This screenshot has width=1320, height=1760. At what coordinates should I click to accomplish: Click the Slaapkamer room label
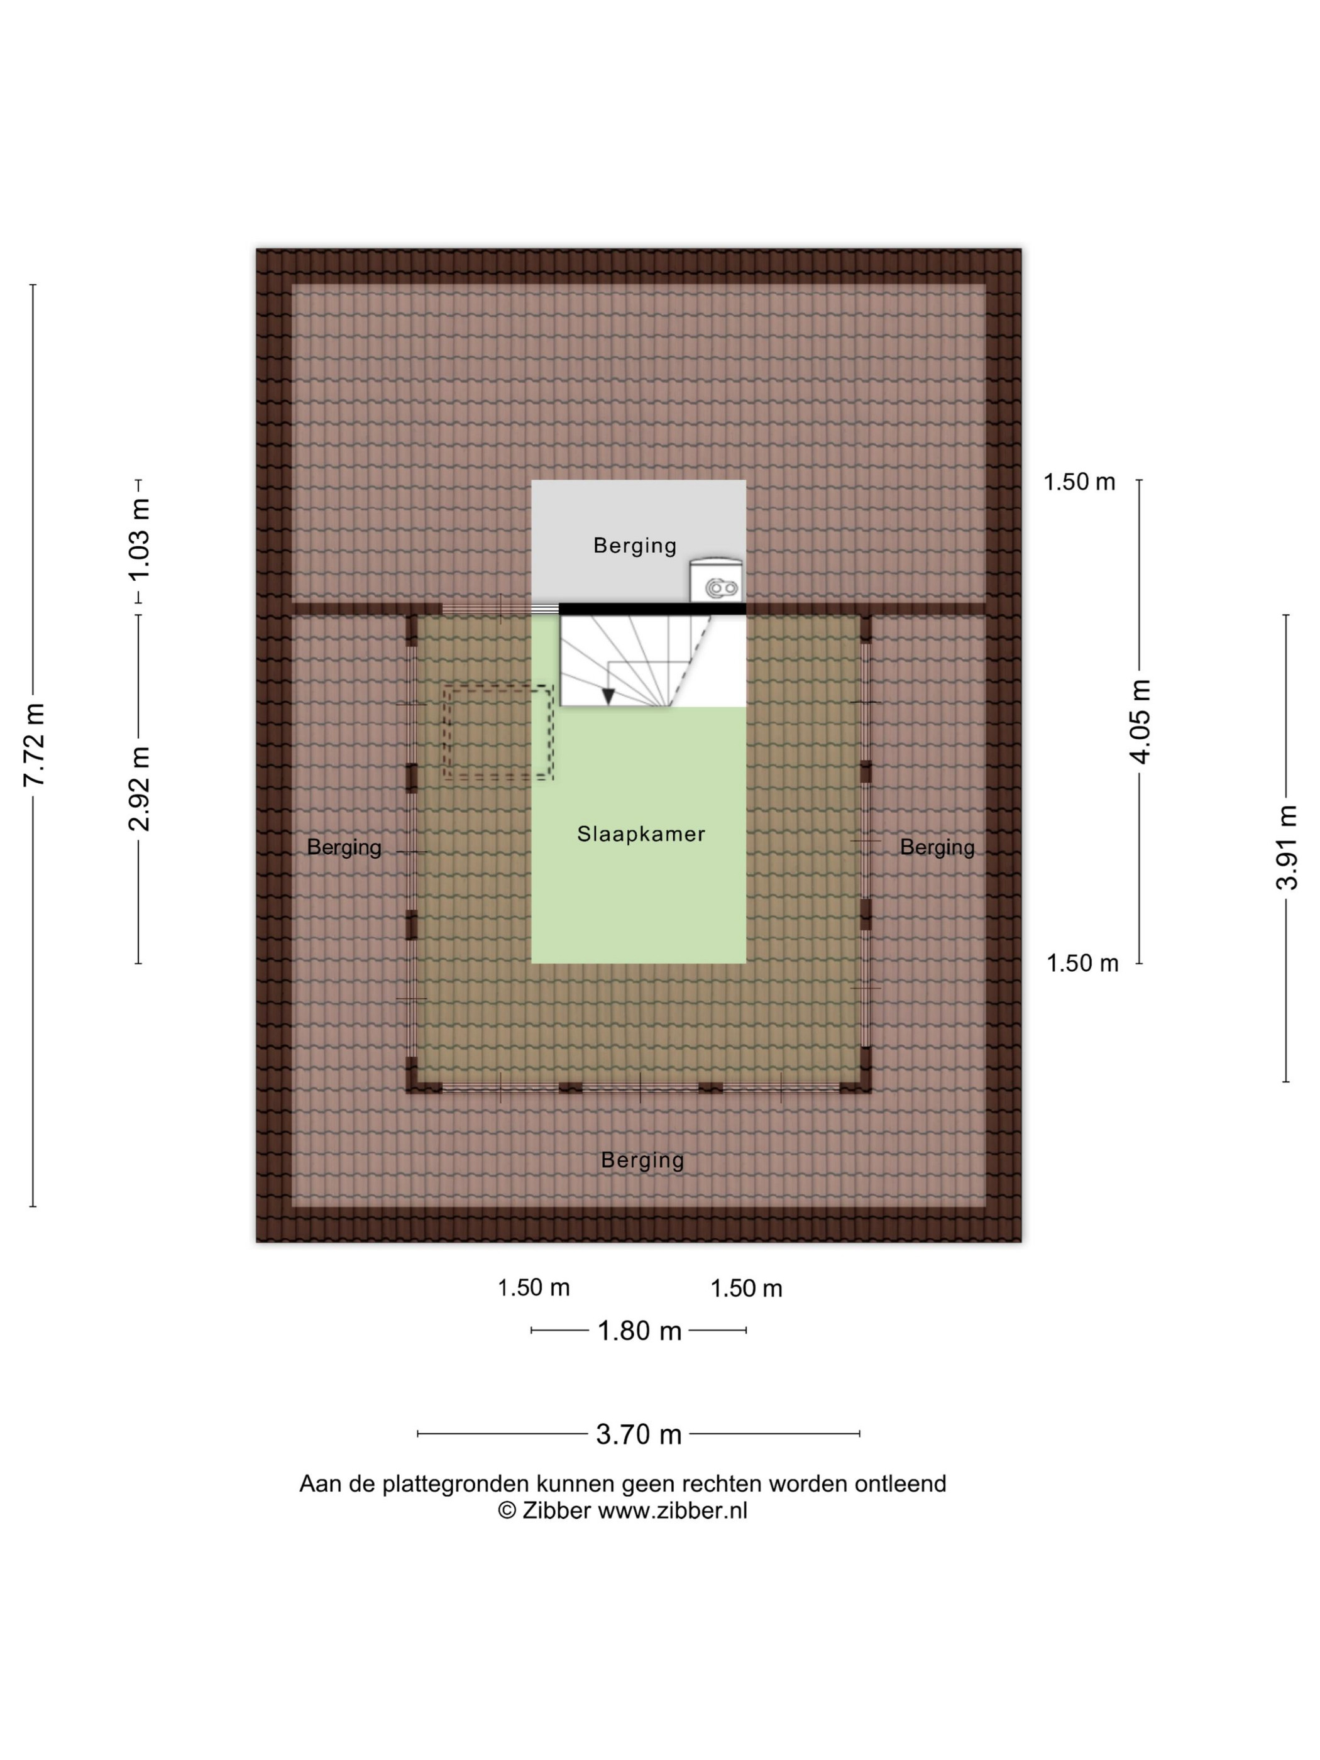click(641, 834)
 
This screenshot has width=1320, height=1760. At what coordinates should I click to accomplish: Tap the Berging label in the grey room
click(635, 546)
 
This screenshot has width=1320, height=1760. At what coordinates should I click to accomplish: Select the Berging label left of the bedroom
click(344, 848)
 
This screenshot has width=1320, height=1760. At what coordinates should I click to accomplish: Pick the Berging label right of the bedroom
click(937, 848)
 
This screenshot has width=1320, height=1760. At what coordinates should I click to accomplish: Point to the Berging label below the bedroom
click(642, 1161)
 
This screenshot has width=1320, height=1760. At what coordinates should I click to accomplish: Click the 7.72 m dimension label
click(33, 745)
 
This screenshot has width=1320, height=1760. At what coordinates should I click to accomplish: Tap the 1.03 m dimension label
click(140, 540)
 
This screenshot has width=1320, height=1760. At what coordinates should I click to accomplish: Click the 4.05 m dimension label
click(1141, 722)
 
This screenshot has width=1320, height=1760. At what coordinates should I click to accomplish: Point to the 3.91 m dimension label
click(1287, 847)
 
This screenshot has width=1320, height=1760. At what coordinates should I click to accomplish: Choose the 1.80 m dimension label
click(640, 1331)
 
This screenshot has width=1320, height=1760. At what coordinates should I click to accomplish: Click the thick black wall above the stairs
click(652, 608)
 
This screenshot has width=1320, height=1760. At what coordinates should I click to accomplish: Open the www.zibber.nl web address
click(673, 1510)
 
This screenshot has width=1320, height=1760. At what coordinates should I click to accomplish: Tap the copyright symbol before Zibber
click(507, 1510)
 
